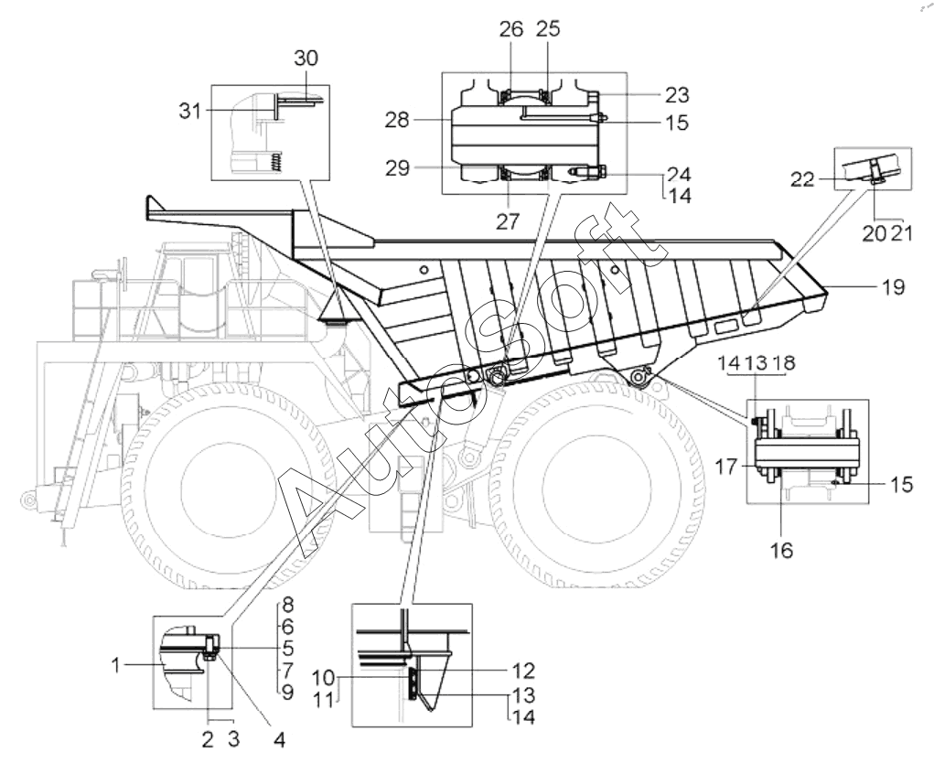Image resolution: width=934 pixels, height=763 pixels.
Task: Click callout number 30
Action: (306, 59)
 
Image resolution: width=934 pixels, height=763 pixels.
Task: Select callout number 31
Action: (190, 111)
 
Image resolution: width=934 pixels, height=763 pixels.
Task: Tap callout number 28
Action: (397, 121)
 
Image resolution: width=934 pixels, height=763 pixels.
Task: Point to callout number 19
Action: (894, 287)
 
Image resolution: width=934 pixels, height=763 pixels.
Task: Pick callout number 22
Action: (802, 178)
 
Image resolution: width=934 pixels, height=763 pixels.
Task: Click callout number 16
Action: (783, 551)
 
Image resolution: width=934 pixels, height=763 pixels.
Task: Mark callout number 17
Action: (726, 467)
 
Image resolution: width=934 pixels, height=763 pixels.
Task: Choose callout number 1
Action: (116, 665)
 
